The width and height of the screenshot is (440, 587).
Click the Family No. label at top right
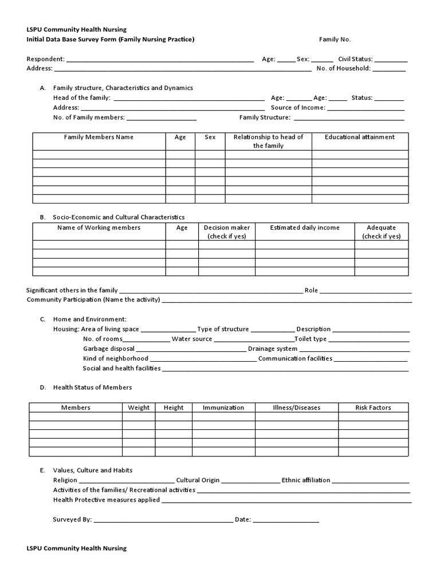[x=335, y=40]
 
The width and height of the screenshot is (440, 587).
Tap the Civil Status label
[x=355, y=58]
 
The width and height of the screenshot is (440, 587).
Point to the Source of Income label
[x=298, y=107]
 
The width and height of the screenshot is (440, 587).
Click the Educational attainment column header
[x=360, y=137]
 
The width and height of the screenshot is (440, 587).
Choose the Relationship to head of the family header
[x=268, y=141]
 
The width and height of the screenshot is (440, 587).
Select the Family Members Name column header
[x=99, y=137]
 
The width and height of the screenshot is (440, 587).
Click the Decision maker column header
[x=227, y=232]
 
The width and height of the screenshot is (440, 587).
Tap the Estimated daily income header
[x=305, y=228]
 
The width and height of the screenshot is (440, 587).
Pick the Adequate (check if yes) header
[x=382, y=232]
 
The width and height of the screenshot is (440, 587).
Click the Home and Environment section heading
[x=90, y=319]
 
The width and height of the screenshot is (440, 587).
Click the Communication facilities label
[x=295, y=358]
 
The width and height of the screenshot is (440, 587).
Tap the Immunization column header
[x=223, y=408]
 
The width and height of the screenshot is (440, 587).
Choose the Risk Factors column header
[x=373, y=408]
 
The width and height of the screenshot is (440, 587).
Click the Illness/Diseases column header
[x=297, y=408]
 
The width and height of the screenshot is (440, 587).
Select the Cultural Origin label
[x=198, y=480]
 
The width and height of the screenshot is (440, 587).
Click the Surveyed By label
[x=72, y=519]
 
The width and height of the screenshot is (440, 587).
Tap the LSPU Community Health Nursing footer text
[x=77, y=548]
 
